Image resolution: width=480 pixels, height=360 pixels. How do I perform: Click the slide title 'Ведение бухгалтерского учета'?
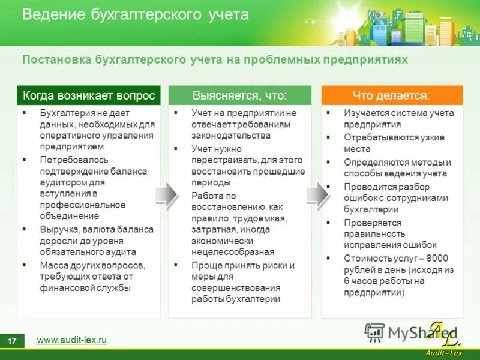[135, 14]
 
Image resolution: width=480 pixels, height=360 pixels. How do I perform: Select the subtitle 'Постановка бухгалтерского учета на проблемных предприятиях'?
[215, 60]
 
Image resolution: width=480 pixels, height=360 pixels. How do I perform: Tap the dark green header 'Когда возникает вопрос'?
[89, 95]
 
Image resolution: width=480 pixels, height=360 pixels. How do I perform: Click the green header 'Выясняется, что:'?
[239, 95]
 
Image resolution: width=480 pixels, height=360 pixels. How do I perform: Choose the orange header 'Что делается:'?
[392, 95]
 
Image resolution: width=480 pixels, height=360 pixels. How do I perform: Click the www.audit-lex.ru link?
[71, 340]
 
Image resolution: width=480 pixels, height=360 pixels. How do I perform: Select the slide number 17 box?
[12, 341]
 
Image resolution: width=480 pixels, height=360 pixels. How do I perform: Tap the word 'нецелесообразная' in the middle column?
[233, 252]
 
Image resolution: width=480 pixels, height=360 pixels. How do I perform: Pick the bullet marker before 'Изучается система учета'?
[328, 113]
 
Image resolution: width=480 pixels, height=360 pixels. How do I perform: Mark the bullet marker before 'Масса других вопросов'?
[25, 265]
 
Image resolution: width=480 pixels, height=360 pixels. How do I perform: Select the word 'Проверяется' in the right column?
[370, 223]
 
